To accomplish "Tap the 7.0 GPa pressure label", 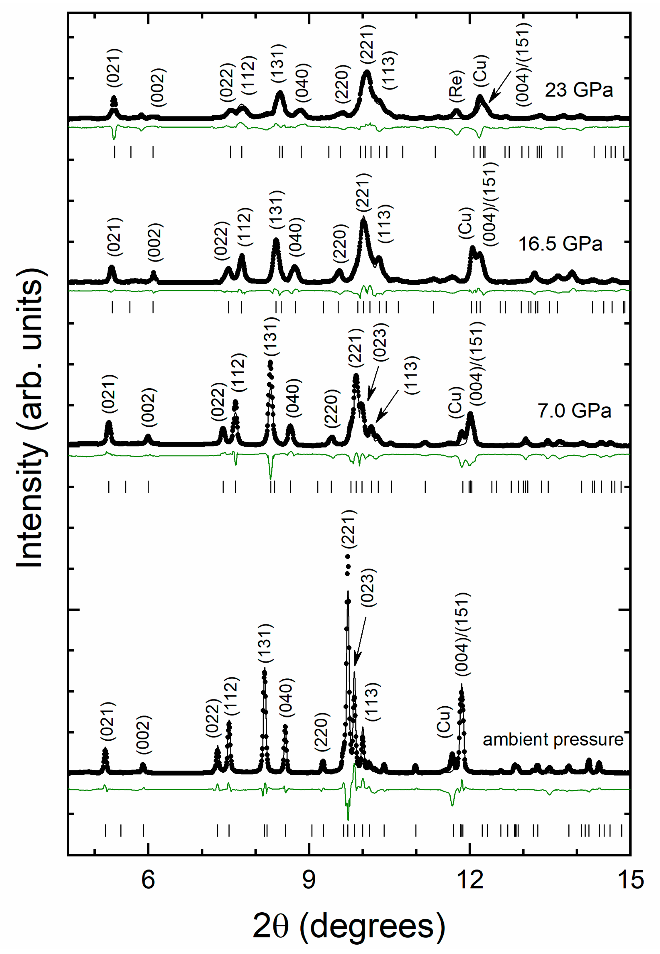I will [x=574, y=411].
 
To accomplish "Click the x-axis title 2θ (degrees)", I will [x=348, y=926].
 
